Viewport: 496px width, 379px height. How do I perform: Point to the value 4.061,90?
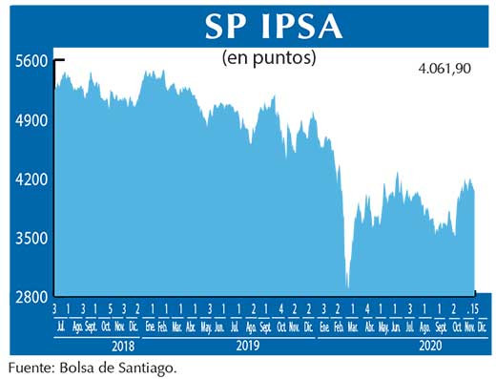point(445,69)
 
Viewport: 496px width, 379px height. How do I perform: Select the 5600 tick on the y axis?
point(31,61)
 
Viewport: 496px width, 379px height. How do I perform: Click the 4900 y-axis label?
point(31,120)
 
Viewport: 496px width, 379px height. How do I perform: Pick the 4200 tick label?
point(31,179)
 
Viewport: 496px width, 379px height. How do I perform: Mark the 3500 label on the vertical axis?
point(31,239)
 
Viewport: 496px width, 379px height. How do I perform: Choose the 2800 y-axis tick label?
point(31,297)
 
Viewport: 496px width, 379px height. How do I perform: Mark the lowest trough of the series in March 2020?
point(348,287)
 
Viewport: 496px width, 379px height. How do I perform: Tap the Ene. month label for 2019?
point(151,325)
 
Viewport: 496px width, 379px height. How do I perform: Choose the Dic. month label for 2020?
point(483,325)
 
